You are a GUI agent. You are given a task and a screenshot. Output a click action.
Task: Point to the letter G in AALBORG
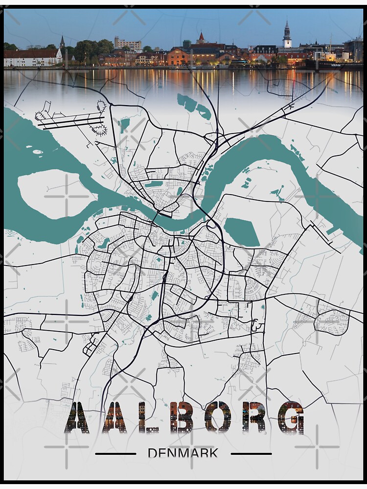pos(290,417)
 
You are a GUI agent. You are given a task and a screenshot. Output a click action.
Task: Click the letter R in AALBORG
pos(253,417)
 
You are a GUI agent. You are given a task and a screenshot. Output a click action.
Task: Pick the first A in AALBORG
pos(77,417)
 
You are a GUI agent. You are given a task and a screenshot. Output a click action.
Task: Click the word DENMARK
pos(183,453)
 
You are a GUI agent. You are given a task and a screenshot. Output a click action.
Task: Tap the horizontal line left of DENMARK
pos(115,454)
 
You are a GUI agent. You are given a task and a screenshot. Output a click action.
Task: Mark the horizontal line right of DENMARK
pos(251,454)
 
